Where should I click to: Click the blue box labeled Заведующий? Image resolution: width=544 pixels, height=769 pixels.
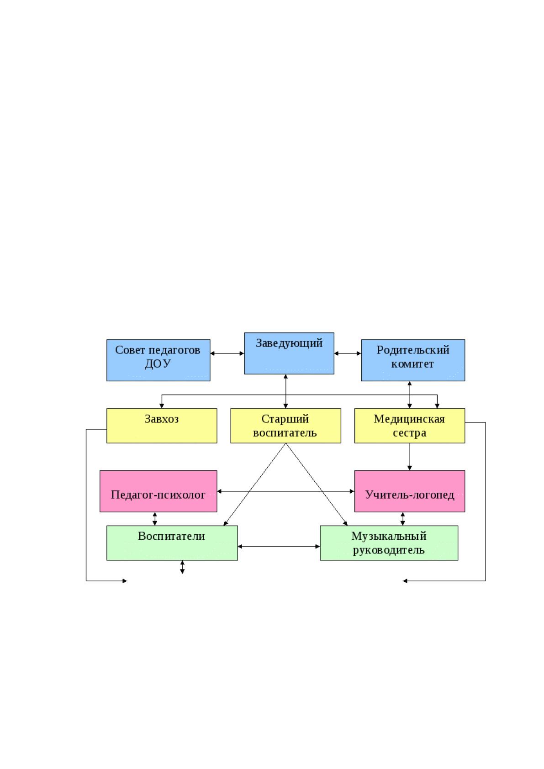(x=289, y=353)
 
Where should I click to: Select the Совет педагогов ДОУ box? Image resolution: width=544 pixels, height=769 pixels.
(x=158, y=360)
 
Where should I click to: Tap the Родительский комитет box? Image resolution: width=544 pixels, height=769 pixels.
(x=413, y=360)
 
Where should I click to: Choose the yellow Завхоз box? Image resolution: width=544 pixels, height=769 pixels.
(x=162, y=426)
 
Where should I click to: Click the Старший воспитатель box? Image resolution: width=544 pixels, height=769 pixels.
(x=286, y=426)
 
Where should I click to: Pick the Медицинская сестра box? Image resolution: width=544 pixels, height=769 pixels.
(x=410, y=426)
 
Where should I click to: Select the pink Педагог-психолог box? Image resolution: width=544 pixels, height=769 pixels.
(x=158, y=491)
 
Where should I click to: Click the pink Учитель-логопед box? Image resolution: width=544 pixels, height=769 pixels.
(x=410, y=491)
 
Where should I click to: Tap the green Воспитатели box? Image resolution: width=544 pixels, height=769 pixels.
(x=172, y=543)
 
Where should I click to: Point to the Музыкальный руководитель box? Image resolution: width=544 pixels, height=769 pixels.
(x=389, y=543)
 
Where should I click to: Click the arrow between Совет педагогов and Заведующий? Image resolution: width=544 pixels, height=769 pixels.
(x=227, y=353)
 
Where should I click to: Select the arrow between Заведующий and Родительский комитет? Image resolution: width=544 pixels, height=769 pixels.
(x=348, y=353)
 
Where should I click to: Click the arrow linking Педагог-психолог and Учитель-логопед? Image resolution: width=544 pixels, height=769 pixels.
(x=286, y=491)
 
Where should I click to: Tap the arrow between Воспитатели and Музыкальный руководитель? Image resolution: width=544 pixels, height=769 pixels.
(x=279, y=546)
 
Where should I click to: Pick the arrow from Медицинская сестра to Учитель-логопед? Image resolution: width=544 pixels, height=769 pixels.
(x=409, y=457)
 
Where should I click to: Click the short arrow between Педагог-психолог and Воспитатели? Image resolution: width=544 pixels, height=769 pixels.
(x=155, y=519)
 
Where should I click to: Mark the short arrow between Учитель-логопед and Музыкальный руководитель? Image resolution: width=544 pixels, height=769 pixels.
(x=402, y=519)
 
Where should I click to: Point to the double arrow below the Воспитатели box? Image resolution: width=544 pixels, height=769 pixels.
(x=182, y=567)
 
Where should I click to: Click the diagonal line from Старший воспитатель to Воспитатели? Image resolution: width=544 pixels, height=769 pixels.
(x=254, y=485)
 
